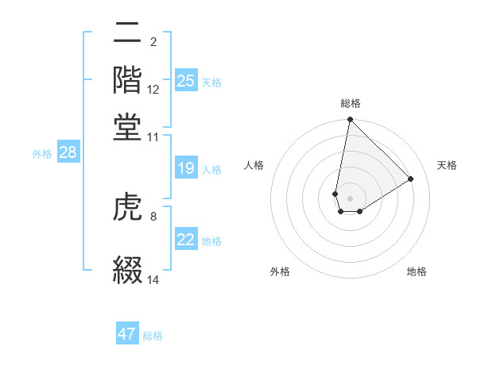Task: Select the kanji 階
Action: pyautogui.click(x=128, y=79)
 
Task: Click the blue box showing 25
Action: pyautogui.click(x=186, y=81)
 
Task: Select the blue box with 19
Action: pyautogui.click(x=186, y=168)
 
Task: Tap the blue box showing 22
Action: pyautogui.click(x=186, y=240)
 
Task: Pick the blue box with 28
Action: pyautogui.click(x=68, y=153)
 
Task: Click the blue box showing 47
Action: pyautogui.click(x=127, y=334)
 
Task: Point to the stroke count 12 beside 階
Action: pyautogui.click(x=153, y=91)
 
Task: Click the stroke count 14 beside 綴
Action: pyautogui.click(x=153, y=280)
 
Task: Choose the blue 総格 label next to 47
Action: pyautogui.click(x=153, y=336)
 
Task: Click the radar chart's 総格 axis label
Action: pyautogui.click(x=350, y=103)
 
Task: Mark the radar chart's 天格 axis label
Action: pyautogui.click(x=447, y=165)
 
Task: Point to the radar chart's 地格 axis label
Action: pyautogui.click(x=417, y=272)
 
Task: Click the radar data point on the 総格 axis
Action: pyautogui.click(x=350, y=121)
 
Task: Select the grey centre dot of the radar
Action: pyautogui.click(x=350, y=198)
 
